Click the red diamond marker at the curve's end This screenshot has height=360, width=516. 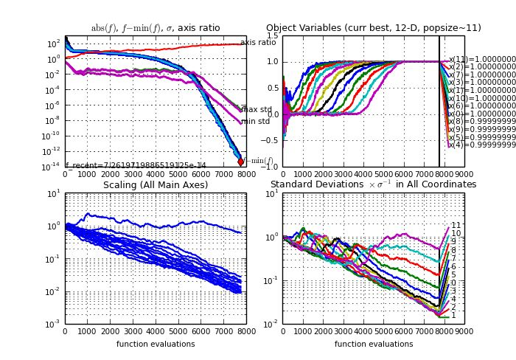tap(240, 162)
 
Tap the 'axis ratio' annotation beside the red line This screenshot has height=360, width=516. tap(258, 42)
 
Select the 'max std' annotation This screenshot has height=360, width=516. tap(257, 109)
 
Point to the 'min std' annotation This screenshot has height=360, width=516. tap(255, 121)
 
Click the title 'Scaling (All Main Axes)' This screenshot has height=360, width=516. tap(156, 184)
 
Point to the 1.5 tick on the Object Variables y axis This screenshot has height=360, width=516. tap(272, 35)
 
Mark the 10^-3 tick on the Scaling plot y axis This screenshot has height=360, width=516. tap(53, 324)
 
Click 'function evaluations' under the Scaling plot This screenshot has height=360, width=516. tap(156, 344)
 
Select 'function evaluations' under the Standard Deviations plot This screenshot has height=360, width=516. tap(373, 344)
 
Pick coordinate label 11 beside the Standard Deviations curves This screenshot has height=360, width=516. tap(456, 225)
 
